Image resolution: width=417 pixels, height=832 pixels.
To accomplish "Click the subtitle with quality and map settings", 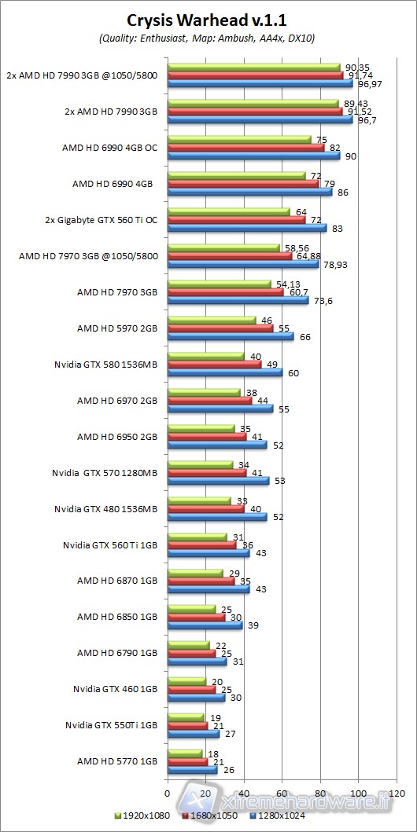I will [208, 38].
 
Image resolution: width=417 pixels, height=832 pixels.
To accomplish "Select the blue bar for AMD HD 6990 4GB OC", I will [253, 156].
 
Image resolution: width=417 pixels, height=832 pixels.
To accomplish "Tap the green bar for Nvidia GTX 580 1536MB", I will [205, 356].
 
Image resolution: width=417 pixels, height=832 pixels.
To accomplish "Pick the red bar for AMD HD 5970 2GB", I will [220, 328].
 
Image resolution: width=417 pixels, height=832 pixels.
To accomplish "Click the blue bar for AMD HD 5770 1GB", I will [192, 770].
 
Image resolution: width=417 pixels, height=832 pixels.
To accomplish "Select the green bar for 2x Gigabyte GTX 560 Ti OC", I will [228, 211].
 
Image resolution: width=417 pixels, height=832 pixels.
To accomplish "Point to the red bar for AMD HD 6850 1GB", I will [196, 617].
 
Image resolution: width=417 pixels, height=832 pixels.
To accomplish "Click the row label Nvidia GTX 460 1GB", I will [116, 689].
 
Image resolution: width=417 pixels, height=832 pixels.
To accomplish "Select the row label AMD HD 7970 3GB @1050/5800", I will [105, 255].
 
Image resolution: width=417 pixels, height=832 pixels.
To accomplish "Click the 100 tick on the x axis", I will [359, 792].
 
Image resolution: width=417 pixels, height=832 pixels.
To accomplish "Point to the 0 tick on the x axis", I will [168, 792].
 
